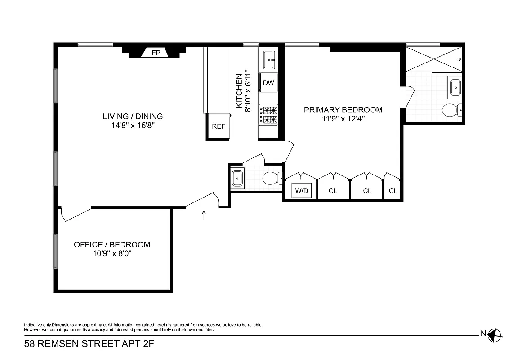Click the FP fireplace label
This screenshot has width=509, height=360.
tap(156, 53)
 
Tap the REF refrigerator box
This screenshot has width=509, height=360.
tap(219, 126)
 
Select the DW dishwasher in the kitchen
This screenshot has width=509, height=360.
tap(268, 83)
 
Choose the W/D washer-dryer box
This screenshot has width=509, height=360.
tap(301, 191)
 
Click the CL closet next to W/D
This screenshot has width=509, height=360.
tap(333, 191)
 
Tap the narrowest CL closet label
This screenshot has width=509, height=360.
tap(393, 191)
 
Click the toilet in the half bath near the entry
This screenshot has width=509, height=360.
tap(272, 179)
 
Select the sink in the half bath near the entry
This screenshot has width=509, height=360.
tap(237, 178)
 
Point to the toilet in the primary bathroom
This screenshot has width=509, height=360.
tap(451, 110)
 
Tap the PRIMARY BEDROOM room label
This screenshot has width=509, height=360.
tap(343, 110)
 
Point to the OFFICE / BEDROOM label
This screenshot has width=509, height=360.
tap(112, 245)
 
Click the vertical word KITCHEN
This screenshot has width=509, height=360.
tap(239, 91)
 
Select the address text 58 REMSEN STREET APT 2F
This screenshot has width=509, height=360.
tap(85, 345)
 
